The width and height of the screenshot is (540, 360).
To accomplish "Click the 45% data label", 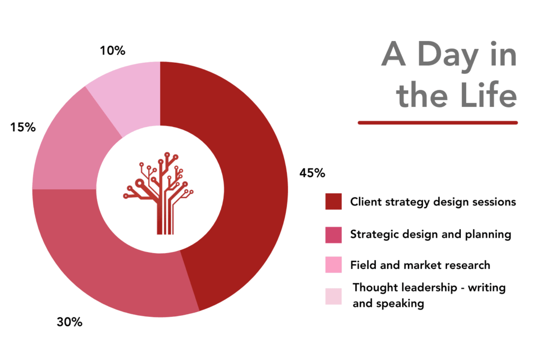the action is click(x=312, y=173).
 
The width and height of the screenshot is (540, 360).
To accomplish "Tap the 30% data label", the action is click(x=70, y=322).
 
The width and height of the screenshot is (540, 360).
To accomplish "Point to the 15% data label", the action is click(x=23, y=128).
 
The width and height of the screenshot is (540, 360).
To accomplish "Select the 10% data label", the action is click(x=113, y=51).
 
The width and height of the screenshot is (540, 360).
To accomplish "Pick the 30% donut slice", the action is click(x=103, y=268).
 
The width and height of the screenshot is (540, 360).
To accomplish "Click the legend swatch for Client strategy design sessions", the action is click(x=333, y=201).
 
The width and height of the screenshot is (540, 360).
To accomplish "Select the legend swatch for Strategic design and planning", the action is click(x=333, y=235).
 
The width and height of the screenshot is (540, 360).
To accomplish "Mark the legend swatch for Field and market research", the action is click(x=333, y=264).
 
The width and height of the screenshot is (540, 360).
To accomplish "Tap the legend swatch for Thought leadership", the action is click(x=333, y=296).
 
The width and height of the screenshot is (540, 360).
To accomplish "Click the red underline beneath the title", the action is click(x=438, y=122).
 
